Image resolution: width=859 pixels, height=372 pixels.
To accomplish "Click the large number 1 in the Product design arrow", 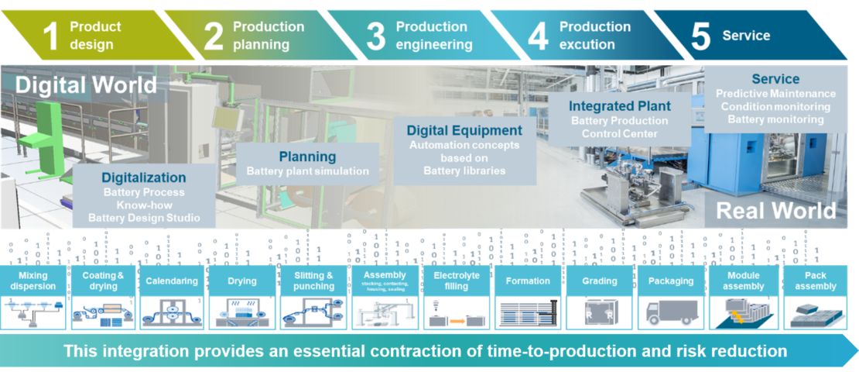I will [x=51, y=36].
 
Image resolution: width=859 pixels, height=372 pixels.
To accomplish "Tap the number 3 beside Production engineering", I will [x=375, y=36].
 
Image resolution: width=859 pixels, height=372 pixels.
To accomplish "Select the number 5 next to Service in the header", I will [x=700, y=36].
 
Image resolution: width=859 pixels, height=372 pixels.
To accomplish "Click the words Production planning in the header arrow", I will [x=269, y=36].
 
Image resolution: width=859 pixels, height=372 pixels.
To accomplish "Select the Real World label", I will [x=775, y=211].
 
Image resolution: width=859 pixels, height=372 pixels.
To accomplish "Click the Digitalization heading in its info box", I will [x=143, y=177].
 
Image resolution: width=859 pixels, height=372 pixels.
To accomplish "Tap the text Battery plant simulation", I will [x=307, y=171].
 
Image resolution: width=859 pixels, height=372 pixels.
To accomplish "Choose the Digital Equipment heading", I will [x=464, y=130].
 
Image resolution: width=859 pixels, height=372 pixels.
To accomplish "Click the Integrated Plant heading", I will [x=620, y=105].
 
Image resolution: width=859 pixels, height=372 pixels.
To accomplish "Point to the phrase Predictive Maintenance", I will [x=775, y=94].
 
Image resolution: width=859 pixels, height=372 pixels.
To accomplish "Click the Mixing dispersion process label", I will [x=33, y=281].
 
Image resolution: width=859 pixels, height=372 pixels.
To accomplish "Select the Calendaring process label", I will [x=172, y=281].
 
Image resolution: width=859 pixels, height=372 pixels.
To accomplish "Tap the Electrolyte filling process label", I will [x=457, y=281].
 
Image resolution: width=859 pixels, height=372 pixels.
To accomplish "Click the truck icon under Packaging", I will [x=671, y=312].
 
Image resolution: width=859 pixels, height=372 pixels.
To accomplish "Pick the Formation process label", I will [x=527, y=281].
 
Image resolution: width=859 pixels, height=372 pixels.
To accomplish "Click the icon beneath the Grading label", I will [x=599, y=313].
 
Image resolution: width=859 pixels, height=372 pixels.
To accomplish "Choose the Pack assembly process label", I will [x=815, y=281].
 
